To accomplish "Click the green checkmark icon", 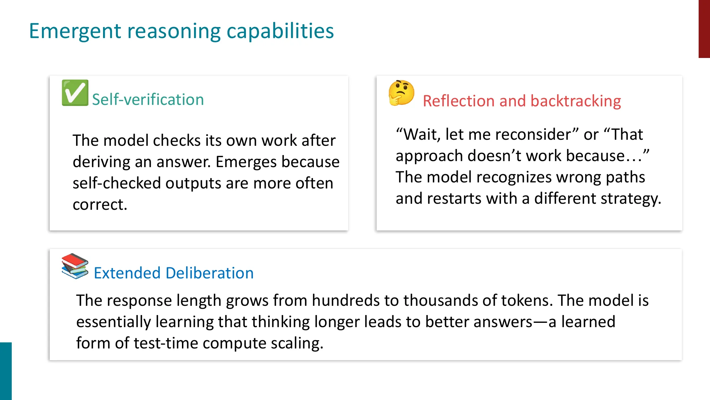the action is coord(75,93).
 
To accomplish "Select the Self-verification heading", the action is coord(148,100).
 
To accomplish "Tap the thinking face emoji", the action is coord(402,93).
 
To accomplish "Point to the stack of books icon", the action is coord(75,266).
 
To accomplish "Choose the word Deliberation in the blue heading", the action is coord(210,273).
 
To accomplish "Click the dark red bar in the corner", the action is coord(704,29).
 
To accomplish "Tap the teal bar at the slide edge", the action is coord(6,371).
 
